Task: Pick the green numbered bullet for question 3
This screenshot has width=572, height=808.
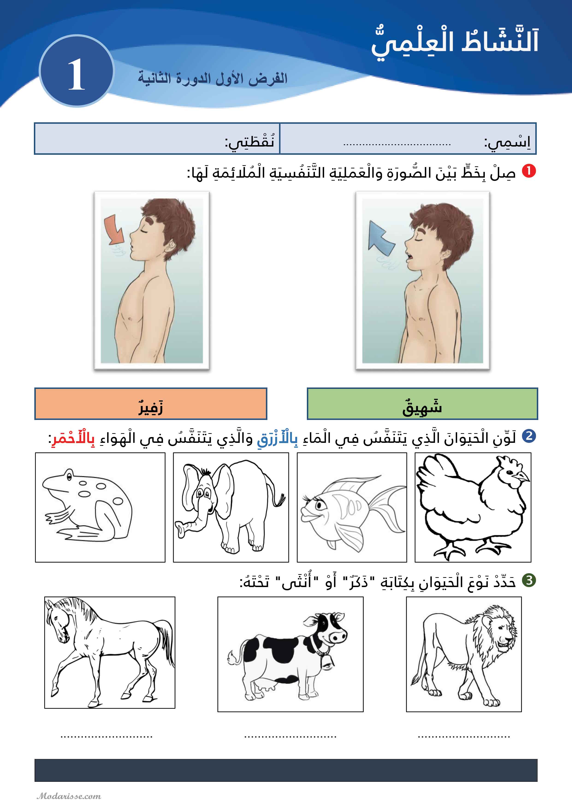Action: point(528,580)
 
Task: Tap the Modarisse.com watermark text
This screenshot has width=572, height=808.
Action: point(69,796)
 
